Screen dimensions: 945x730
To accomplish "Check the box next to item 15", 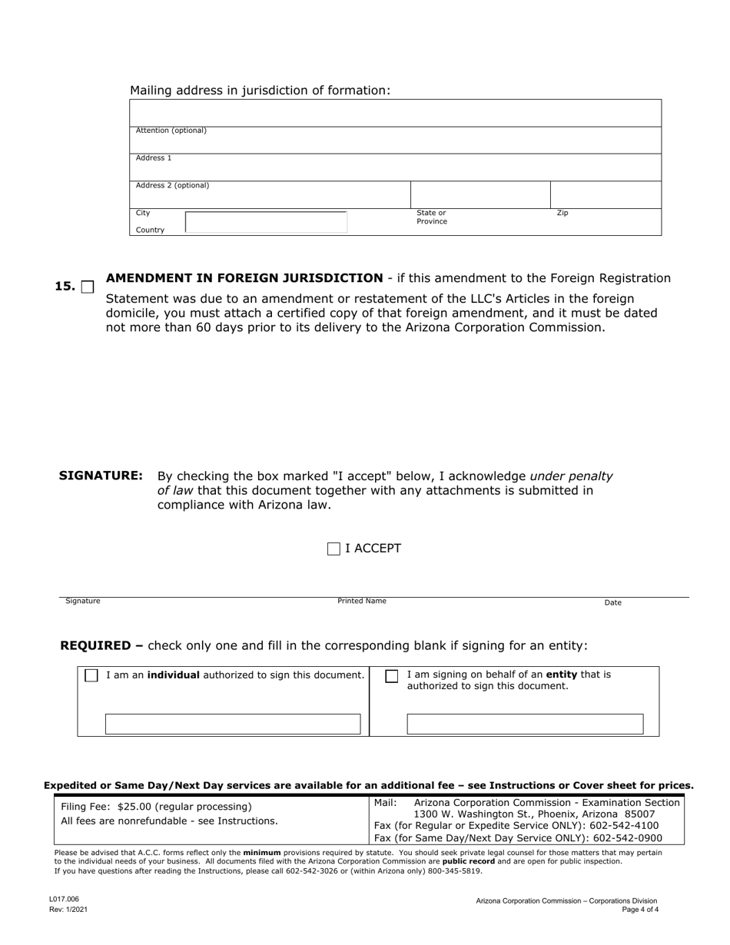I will pyautogui.click(x=88, y=287).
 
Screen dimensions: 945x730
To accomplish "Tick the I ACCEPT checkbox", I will pyautogui.click(x=333, y=549).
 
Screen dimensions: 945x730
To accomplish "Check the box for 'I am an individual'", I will pyautogui.click(x=91, y=675).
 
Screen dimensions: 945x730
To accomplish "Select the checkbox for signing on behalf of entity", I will pyautogui.click(x=392, y=676).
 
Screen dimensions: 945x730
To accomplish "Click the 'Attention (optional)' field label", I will pyautogui.click(x=171, y=131).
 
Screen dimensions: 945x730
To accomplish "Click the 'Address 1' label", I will pyautogui.click(x=154, y=158).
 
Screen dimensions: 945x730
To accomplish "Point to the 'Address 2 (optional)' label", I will pyautogui.click(x=172, y=186).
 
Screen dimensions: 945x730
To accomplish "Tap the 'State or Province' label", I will pyautogui.click(x=431, y=217).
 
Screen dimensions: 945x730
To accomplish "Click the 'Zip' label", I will pyautogui.click(x=562, y=213).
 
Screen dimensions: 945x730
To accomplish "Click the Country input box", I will pyautogui.click(x=266, y=222).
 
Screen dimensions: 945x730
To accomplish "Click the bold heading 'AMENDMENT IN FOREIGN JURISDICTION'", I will pyautogui.click(x=244, y=278).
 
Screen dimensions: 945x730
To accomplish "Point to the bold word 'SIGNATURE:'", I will pyautogui.click(x=101, y=476).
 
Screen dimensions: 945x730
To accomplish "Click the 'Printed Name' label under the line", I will pyautogui.click(x=362, y=601).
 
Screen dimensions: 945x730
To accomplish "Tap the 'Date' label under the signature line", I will pyautogui.click(x=612, y=603).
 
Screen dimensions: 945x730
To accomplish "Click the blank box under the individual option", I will pyautogui.click(x=233, y=724).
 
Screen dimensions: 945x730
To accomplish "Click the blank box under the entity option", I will pyautogui.click(x=525, y=724).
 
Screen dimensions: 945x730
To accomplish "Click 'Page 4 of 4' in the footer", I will pyautogui.click(x=640, y=910).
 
